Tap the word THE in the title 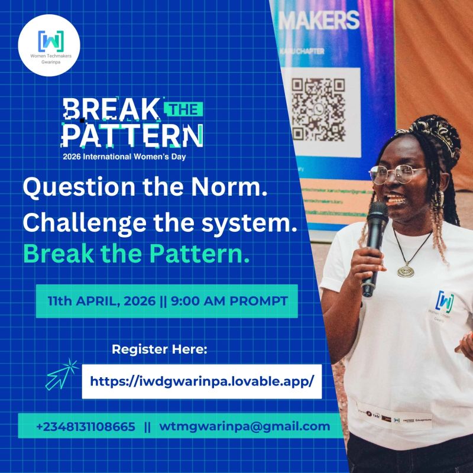[182, 109]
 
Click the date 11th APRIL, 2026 [102, 301]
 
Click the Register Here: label [160, 349]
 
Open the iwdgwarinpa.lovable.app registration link [201, 381]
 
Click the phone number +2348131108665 [86, 426]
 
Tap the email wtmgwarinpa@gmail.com [245, 426]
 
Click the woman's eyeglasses [397, 173]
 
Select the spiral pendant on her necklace [406, 271]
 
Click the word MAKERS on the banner [319, 21]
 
